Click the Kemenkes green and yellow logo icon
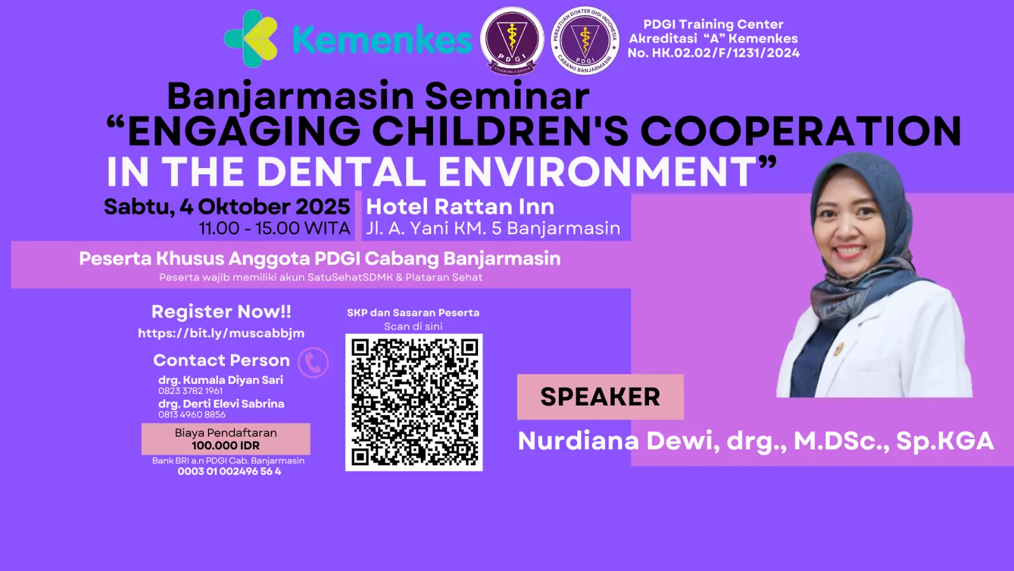point(251,39)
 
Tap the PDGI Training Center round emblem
point(512,41)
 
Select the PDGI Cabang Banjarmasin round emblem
point(585,41)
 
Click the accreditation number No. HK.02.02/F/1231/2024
point(713,53)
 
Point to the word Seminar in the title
point(507,96)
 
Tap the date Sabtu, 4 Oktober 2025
point(227,207)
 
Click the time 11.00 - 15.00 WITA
point(275,229)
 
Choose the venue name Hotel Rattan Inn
point(460,207)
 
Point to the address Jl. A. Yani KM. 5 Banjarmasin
point(493,229)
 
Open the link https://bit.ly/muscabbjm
point(221,334)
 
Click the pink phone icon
point(313,363)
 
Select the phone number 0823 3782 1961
point(190,391)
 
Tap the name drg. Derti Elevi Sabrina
point(221,404)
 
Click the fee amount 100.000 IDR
point(226,446)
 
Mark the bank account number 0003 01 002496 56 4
point(229,471)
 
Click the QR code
point(414,402)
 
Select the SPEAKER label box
point(600,397)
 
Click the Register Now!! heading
point(221,312)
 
